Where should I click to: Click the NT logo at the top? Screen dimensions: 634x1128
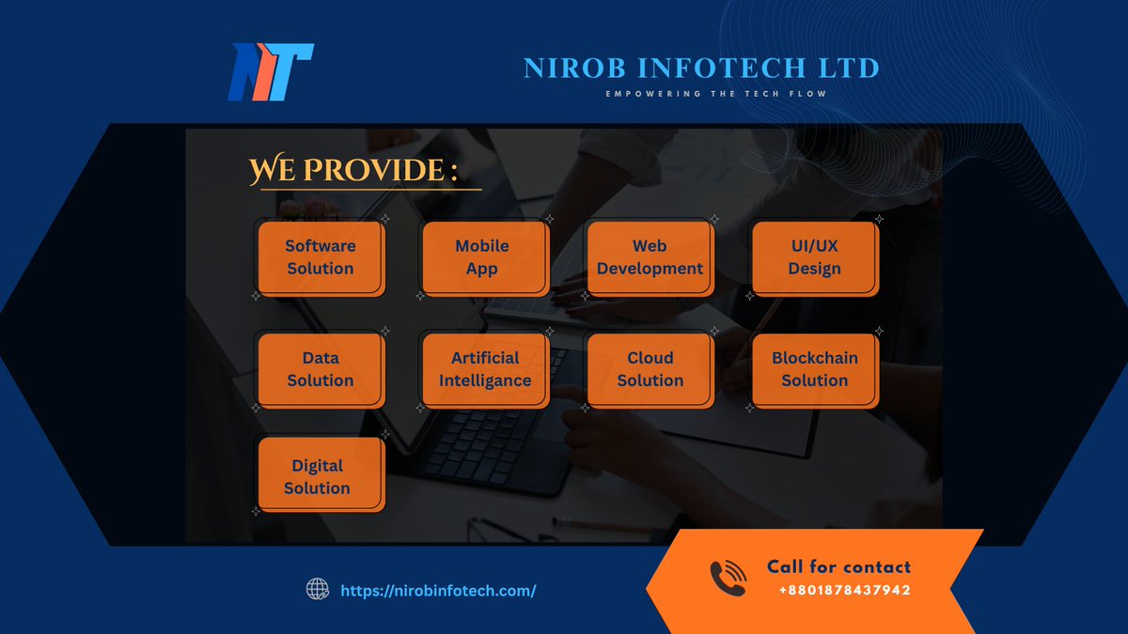click(x=270, y=71)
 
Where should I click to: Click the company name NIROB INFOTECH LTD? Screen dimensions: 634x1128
click(x=701, y=69)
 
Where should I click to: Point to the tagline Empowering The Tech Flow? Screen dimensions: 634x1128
click(x=715, y=94)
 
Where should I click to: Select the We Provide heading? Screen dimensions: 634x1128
click(x=353, y=171)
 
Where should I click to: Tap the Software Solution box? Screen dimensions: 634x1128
click(x=321, y=257)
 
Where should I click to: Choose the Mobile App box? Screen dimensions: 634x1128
click(x=482, y=257)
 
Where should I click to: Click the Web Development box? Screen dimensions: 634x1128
click(x=650, y=257)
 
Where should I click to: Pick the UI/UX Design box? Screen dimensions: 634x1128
click(x=814, y=257)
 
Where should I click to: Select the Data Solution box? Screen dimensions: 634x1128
click(x=321, y=369)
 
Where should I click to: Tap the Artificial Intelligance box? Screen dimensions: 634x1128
click(x=485, y=369)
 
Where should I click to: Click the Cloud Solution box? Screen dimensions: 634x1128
click(x=650, y=369)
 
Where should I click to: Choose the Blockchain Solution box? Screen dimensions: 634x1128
click(x=814, y=369)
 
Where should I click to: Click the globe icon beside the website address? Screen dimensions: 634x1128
click(x=318, y=590)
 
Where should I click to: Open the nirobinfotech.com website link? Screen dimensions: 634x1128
click(x=438, y=591)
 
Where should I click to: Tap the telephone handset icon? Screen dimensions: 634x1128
click(x=728, y=579)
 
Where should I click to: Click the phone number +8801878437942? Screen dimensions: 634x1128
click(x=844, y=591)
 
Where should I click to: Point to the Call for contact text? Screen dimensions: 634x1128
click(x=838, y=566)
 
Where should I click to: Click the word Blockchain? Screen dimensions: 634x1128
click(x=814, y=358)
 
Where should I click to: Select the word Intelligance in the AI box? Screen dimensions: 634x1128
click(x=485, y=380)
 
